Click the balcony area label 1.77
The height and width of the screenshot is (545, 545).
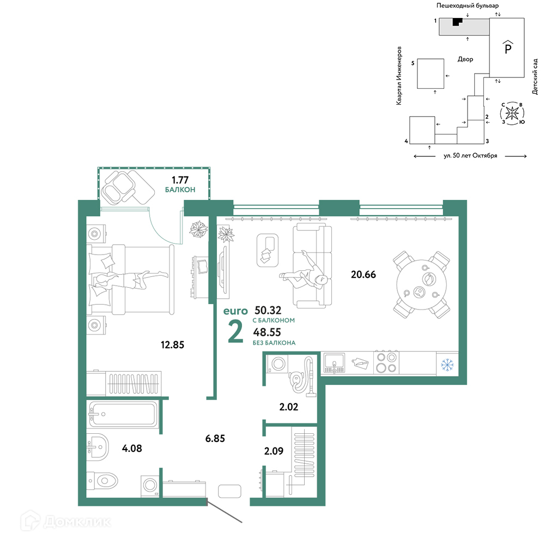[180, 180]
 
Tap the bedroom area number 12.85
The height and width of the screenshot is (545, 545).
[172, 345]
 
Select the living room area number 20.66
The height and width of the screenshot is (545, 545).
[363, 275]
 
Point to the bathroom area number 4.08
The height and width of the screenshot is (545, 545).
[132, 449]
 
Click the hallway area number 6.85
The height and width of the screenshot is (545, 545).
[215, 439]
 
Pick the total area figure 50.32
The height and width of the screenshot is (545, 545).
[268, 310]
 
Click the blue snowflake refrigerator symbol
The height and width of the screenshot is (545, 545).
[447, 365]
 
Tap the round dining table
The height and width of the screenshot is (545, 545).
[421, 284]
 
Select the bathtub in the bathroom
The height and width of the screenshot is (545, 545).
[123, 414]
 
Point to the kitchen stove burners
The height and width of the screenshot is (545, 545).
[386, 362]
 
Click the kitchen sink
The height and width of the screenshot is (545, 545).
[334, 363]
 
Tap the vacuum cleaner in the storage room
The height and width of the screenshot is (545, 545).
[302, 378]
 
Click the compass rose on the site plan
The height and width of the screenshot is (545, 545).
[512, 113]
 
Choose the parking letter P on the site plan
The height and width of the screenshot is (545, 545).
[508, 47]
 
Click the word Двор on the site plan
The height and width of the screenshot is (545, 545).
[465, 59]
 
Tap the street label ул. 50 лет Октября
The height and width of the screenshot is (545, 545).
[470, 156]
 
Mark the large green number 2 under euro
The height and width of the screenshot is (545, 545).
[235, 331]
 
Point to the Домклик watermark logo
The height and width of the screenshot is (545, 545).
[65, 522]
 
